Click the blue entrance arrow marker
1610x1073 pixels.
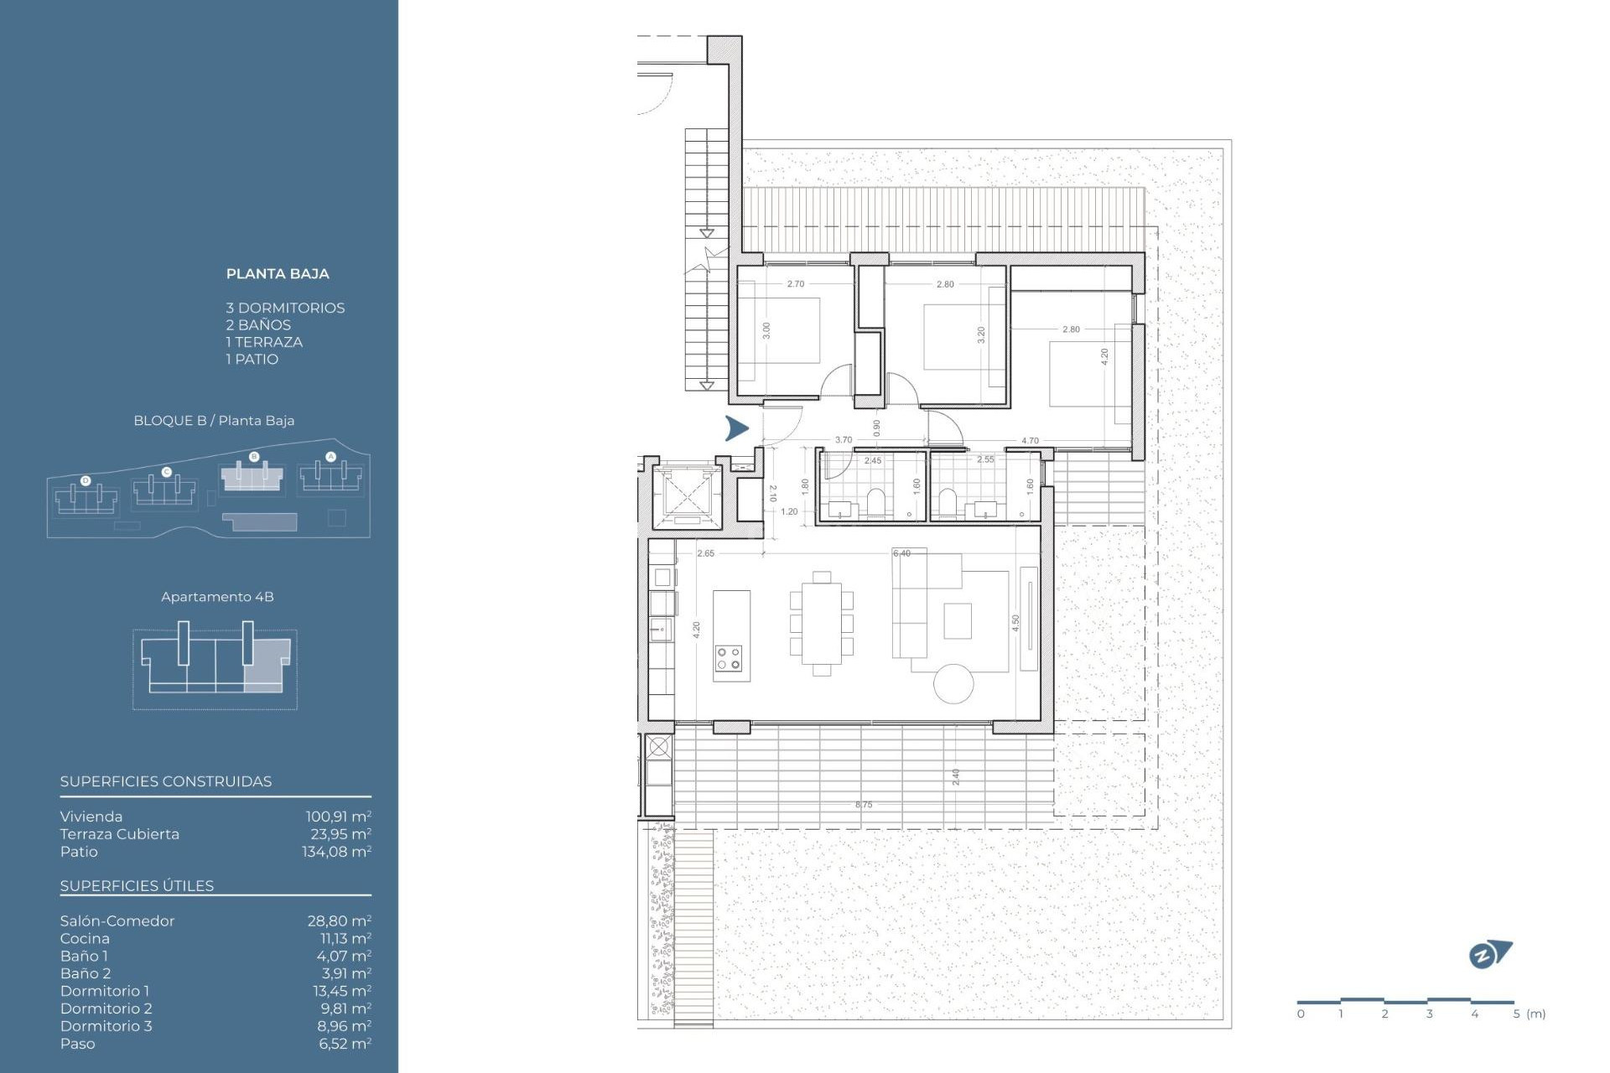pyautogui.click(x=736, y=428)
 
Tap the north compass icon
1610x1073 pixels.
pyautogui.click(x=1488, y=955)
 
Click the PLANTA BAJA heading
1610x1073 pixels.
pyautogui.click(x=278, y=273)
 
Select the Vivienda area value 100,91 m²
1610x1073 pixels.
pyautogui.click(x=338, y=816)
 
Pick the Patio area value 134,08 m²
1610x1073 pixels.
pyautogui.click(x=336, y=852)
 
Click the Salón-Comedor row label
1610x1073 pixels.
pyautogui.click(x=117, y=920)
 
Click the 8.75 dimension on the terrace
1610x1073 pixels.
pyautogui.click(x=864, y=805)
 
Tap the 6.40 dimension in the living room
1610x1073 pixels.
pyautogui.click(x=901, y=553)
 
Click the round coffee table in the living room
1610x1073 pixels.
pyautogui.click(x=953, y=683)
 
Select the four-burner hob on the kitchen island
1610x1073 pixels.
pyautogui.click(x=729, y=658)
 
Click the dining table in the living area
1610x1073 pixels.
pyautogui.click(x=821, y=623)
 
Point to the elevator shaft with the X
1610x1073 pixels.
pyautogui.click(x=687, y=495)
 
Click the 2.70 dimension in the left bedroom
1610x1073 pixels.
pyautogui.click(x=795, y=284)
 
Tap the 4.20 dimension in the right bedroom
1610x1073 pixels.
pyautogui.click(x=1104, y=355)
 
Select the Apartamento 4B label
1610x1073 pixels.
pyautogui.click(x=217, y=597)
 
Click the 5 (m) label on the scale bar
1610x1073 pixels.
pyautogui.click(x=1529, y=1014)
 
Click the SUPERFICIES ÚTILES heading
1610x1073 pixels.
pyautogui.click(x=137, y=886)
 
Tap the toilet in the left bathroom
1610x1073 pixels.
pyautogui.click(x=877, y=502)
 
